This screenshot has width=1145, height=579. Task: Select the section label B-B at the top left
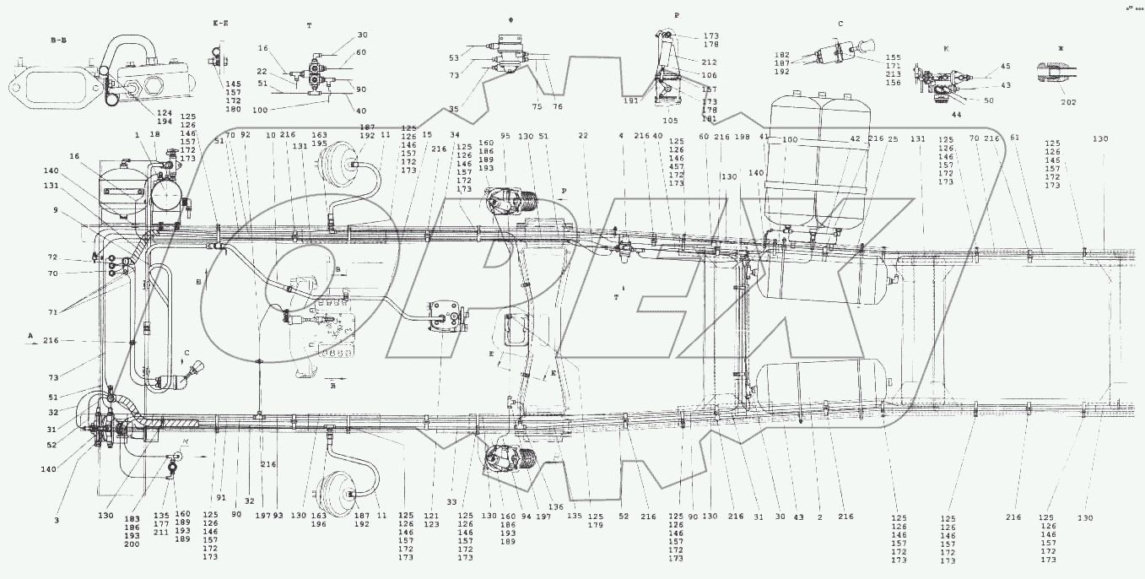[x=62, y=39]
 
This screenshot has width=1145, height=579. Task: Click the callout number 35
[x=478, y=109]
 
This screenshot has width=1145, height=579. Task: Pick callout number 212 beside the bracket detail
[x=709, y=61]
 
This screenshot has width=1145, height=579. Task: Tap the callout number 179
[x=597, y=526]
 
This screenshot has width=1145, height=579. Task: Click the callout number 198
[x=742, y=136]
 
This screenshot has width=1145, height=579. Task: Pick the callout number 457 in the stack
[x=676, y=166]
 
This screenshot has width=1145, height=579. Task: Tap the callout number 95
[x=505, y=136]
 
